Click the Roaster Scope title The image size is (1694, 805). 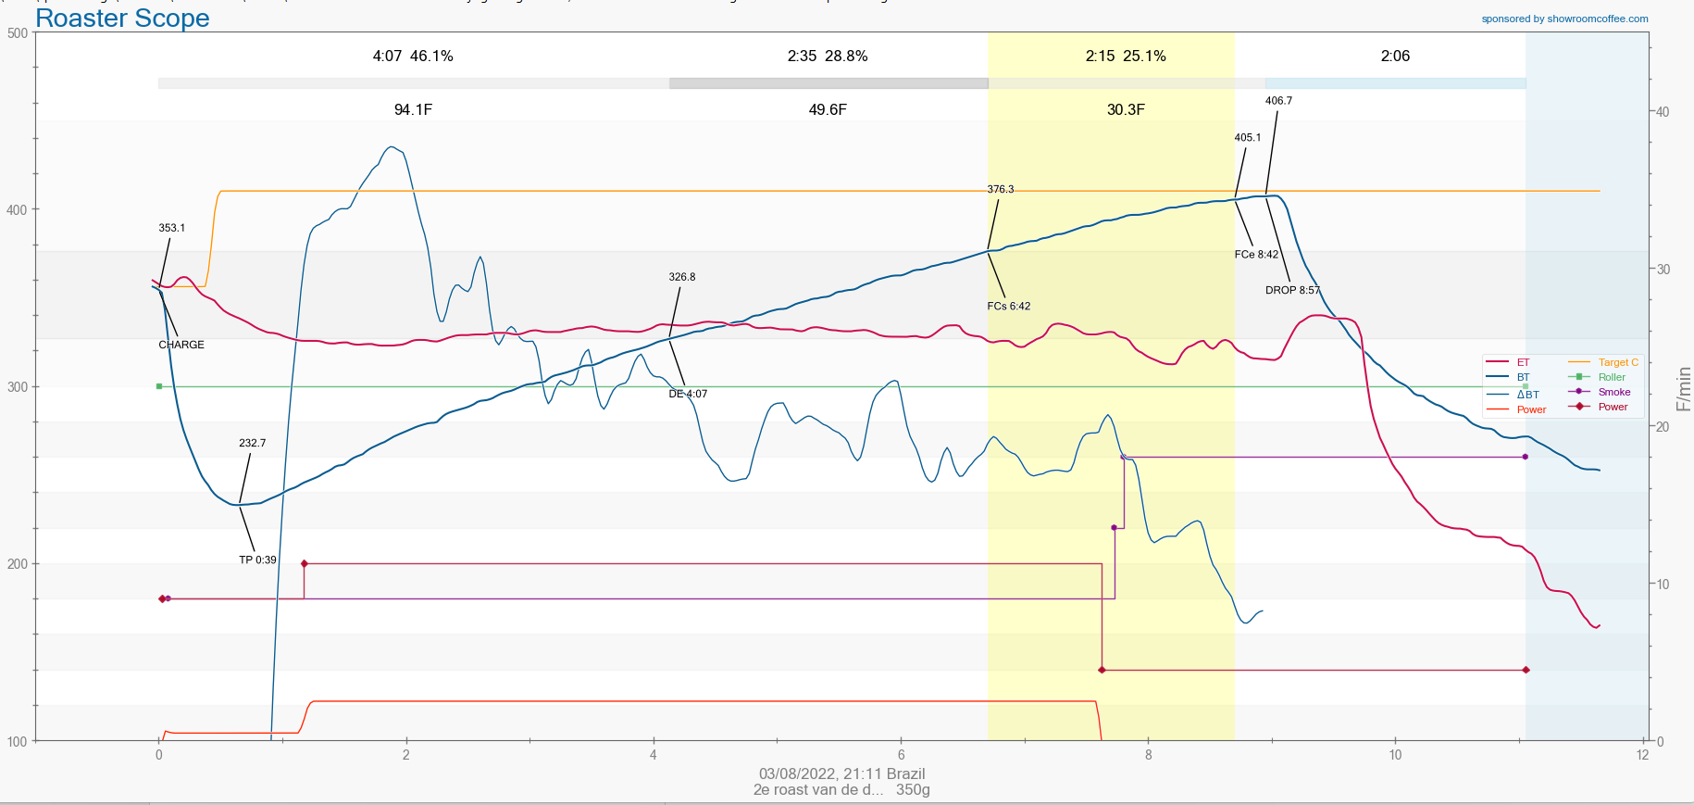pos(122,19)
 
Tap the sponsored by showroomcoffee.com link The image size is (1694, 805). pos(1564,19)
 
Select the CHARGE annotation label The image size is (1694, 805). pos(181,345)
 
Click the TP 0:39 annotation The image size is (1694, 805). pos(257,560)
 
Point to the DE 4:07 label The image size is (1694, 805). pos(688,394)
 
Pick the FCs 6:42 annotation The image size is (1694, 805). pos(1008,306)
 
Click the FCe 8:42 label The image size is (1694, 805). pos(1256,255)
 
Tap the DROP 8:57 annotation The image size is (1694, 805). pos(1292,290)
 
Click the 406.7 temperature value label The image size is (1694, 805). pos(1278,101)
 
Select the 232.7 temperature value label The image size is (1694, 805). pos(252,443)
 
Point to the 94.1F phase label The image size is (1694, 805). pos(413,109)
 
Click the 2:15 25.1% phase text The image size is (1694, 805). pos(1126,56)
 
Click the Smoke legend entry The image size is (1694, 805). pos(1614,392)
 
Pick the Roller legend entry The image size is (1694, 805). pos(1612,377)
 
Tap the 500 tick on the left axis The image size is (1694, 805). pos(17,33)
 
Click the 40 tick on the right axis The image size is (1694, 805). pos(1663,112)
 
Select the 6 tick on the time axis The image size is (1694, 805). pos(901,755)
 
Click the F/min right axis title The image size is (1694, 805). pos(1683,389)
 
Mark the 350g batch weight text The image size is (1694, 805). pos(913,790)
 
